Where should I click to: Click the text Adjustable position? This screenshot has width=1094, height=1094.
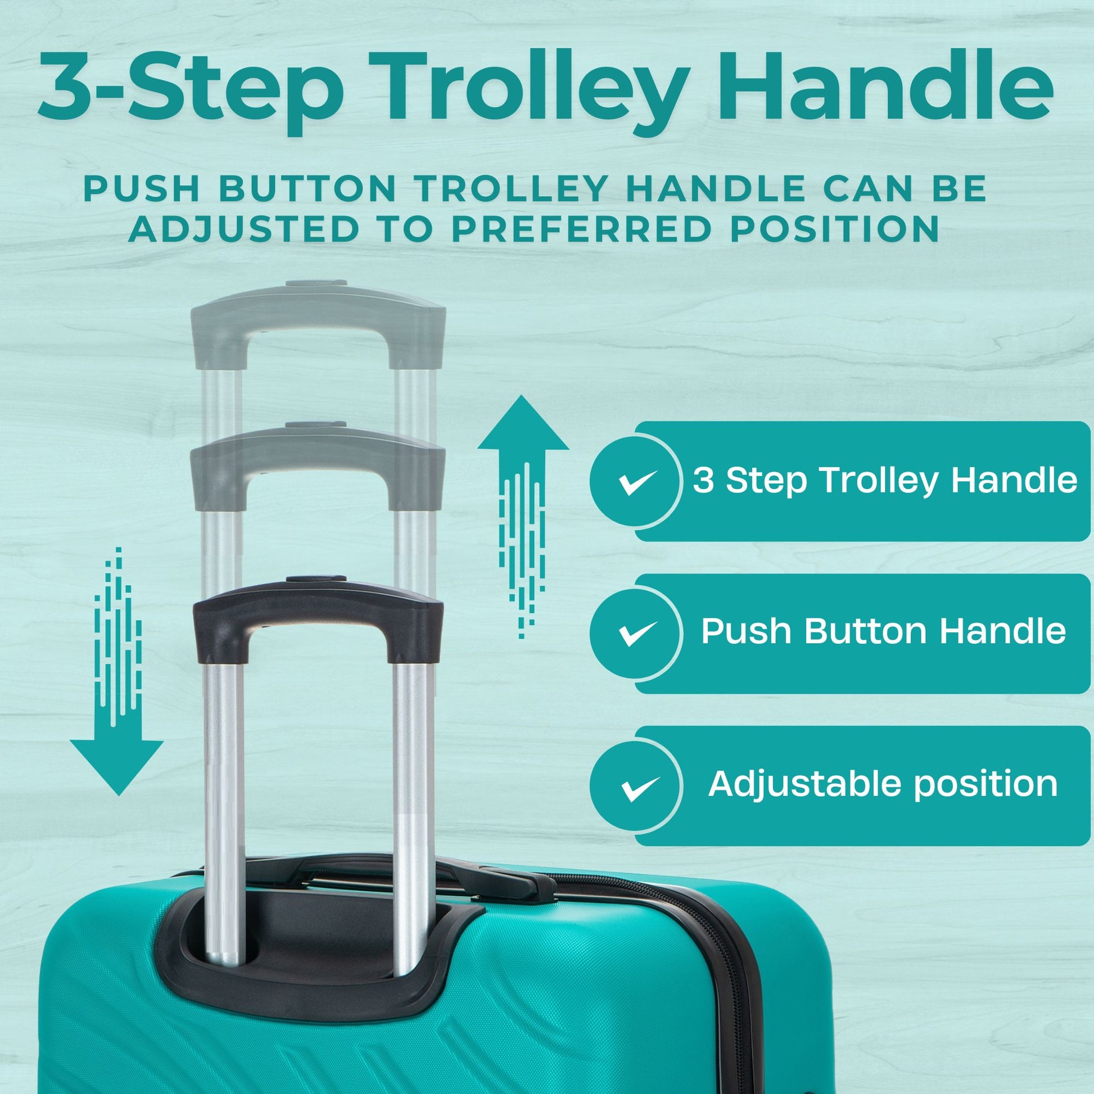coord(883,784)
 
